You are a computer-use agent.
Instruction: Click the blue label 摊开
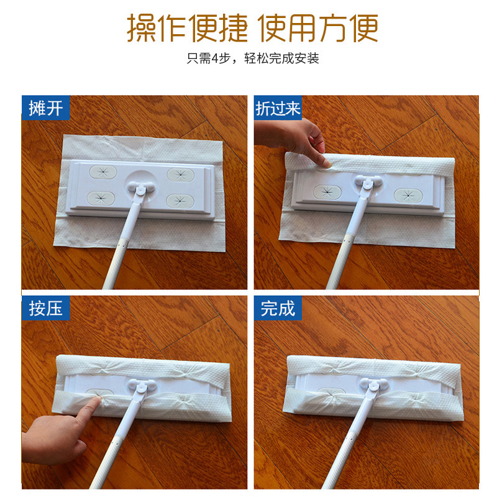click(x=45, y=107)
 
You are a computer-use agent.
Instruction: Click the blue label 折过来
click(x=278, y=107)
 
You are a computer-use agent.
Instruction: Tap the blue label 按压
click(x=45, y=308)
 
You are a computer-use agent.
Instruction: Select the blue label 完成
click(x=278, y=308)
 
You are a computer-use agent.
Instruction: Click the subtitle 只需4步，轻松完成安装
click(x=253, y=58)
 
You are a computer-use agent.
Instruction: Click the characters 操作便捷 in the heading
click(x=187, y=28)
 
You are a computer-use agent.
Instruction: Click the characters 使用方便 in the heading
click(x=318, y=28)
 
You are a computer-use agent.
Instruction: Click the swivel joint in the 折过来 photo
click(x=368, y=182)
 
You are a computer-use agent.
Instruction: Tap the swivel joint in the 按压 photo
click(x=142, y=385)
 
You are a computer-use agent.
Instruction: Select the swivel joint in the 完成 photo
click(x=374, y=385)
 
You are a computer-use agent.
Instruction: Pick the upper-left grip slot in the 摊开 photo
click(x=103, y=172)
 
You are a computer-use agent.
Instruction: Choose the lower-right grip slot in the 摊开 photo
click(x=180, y=199)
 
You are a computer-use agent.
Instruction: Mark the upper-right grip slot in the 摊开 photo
click(x=180, y=175)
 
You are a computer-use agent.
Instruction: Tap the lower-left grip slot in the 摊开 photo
click(x=101, y=198)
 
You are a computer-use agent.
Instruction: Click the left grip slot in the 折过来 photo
click(x=327, y=191)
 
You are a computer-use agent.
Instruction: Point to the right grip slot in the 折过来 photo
click(x=408, y=195)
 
